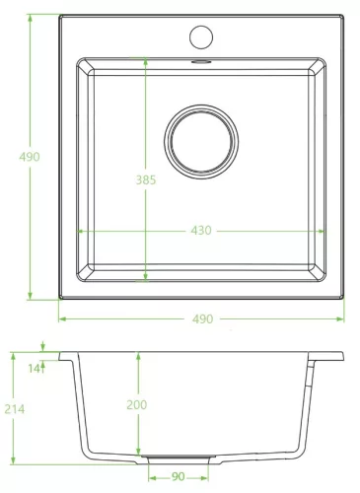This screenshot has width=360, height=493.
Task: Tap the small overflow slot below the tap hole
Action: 201,61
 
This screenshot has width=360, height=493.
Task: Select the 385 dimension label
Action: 146,179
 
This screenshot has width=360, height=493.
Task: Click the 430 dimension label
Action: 201,231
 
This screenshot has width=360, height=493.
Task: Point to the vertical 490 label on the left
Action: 30,157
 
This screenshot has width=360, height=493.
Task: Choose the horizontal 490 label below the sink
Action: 203,318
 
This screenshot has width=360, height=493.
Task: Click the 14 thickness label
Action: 34,369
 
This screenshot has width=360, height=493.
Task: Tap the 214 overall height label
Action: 15,409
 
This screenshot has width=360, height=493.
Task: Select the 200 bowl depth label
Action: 137,404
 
